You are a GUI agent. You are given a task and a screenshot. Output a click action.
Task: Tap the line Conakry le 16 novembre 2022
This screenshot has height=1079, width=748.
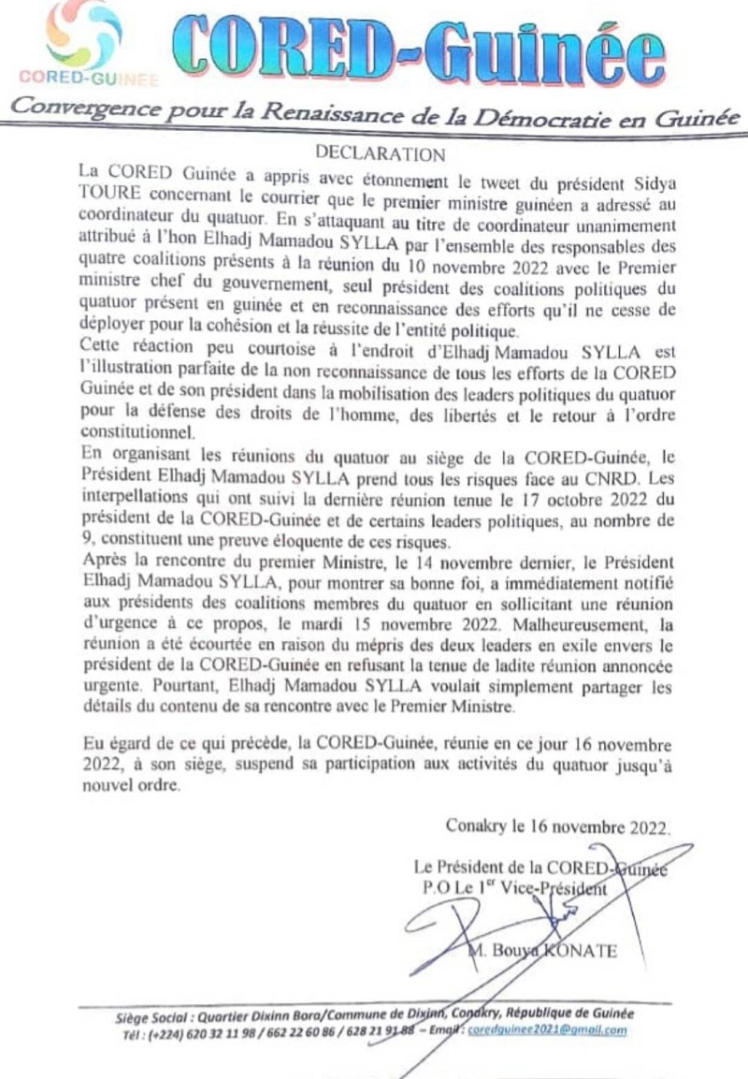click(558, 827)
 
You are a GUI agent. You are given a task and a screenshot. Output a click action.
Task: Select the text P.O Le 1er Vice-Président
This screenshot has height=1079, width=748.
click(513, 885)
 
